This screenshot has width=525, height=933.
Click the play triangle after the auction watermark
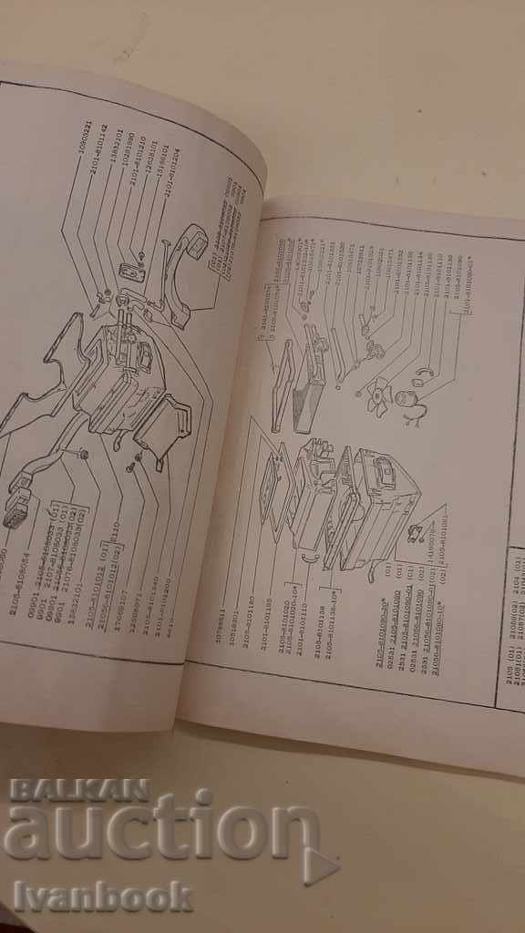320,866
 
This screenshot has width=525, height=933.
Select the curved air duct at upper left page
187,273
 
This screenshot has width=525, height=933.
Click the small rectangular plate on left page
129,275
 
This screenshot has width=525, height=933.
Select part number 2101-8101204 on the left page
169,173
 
